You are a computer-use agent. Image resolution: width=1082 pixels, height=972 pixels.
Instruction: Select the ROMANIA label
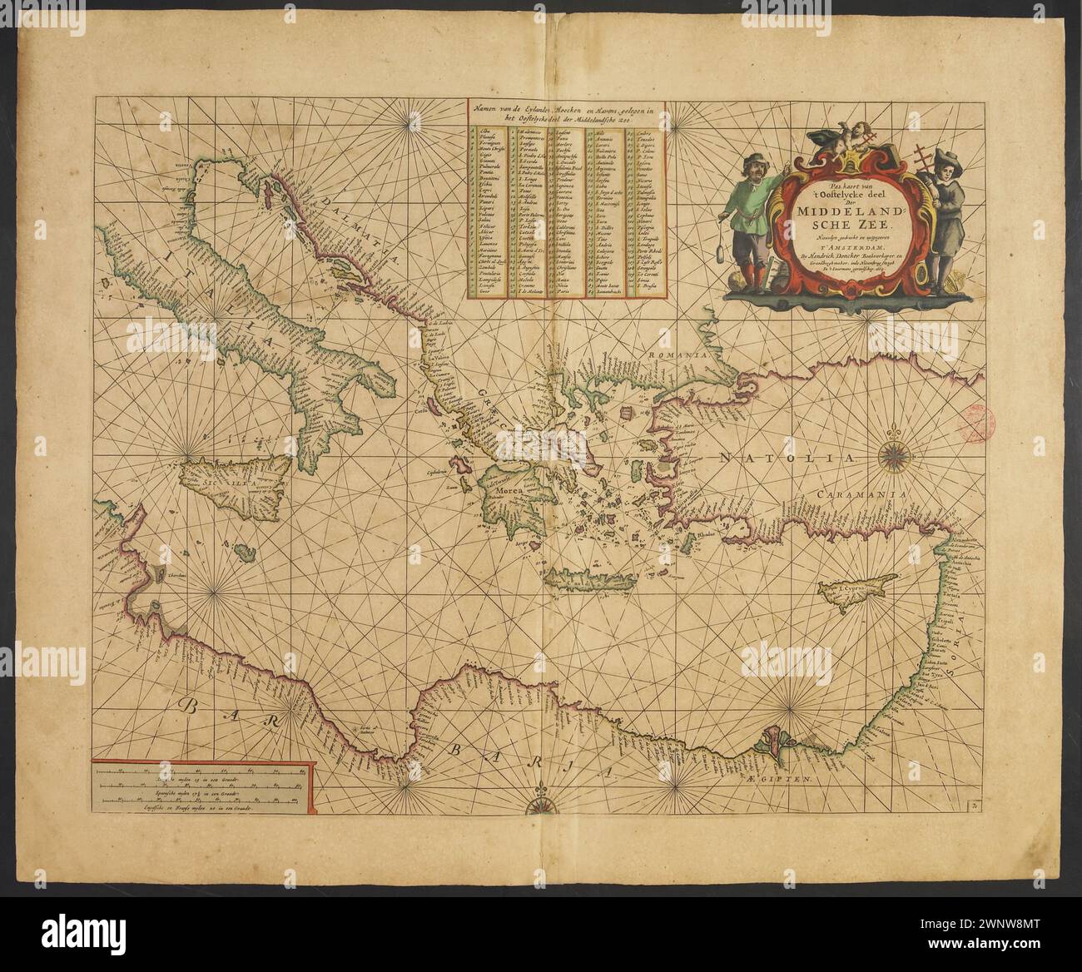coord(677,354)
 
